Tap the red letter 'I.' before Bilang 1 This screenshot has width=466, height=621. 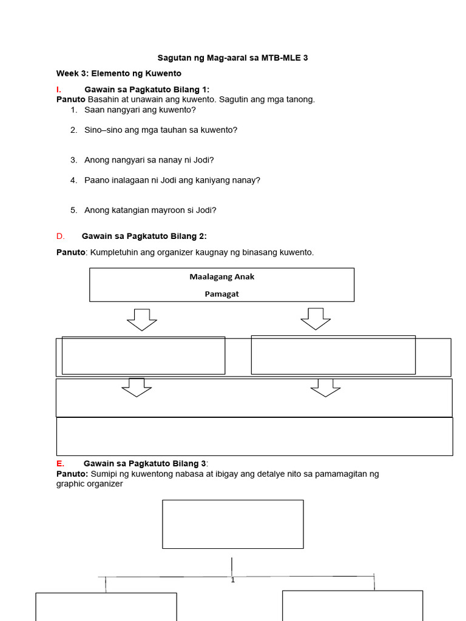[59, 90]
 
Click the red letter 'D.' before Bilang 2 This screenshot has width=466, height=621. [59, 237]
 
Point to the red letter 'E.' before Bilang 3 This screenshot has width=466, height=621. [60, 463]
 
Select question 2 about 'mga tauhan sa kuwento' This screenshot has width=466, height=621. [161, 130]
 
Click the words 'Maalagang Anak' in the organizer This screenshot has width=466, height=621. [222, 277]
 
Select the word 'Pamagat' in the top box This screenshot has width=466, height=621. [222, 294]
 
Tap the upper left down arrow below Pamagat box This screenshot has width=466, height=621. [142, 319]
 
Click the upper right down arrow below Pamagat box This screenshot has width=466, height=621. [316, 319]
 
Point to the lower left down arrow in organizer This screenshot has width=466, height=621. [137, 388]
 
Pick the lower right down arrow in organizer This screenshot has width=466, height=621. [326, 388]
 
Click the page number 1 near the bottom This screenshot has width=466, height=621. [232, 580]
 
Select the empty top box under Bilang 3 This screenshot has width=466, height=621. [232, 524]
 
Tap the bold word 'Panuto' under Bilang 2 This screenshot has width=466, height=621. [70, 252]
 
